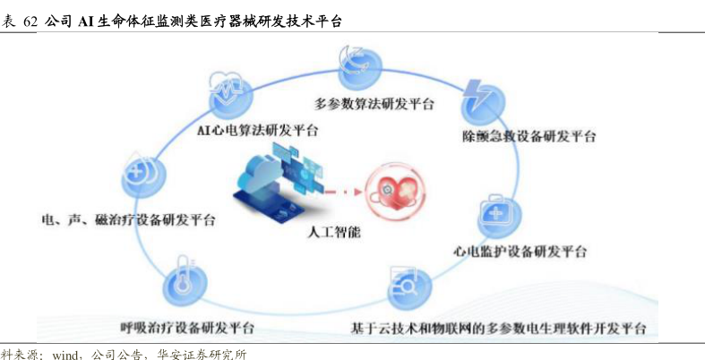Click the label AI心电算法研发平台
257,131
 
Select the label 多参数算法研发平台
374,104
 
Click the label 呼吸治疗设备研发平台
187,327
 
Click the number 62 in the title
30,21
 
